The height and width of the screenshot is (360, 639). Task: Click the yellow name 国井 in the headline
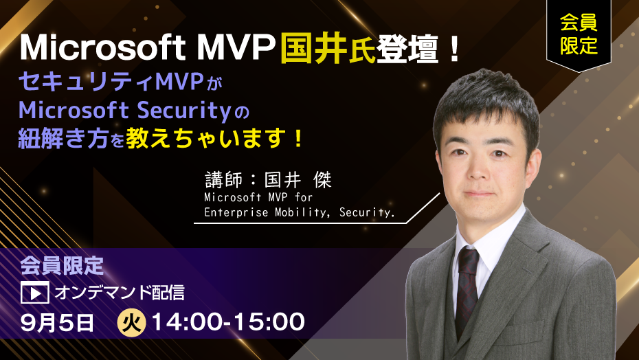pos(313,49)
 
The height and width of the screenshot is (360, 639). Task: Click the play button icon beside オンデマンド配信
pos(34,292)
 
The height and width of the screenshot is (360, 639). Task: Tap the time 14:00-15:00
pos(228,322)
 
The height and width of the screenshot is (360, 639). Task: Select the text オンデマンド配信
pos(120,292)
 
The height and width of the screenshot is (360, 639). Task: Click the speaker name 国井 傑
pos(298,180)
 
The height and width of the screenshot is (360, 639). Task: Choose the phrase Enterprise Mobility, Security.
pos(300,212)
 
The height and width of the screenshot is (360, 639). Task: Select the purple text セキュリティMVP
pos(111,82)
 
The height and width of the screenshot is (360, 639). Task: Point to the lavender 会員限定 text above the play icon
pos(62,266)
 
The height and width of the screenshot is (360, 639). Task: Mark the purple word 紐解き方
pos(63,139)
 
